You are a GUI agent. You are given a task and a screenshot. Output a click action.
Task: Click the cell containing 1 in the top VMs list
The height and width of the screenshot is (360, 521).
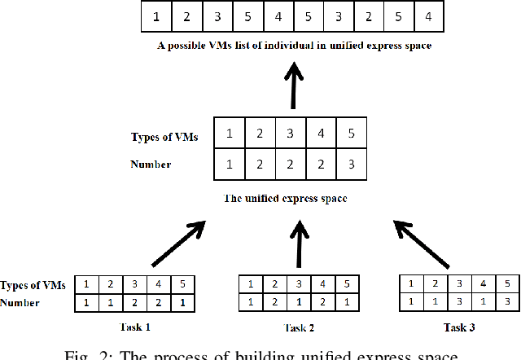pos(155,16)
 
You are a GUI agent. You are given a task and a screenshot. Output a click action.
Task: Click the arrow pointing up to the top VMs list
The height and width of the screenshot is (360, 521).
pos(294,85)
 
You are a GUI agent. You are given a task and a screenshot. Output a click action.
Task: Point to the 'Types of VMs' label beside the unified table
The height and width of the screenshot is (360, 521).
pos(164,136)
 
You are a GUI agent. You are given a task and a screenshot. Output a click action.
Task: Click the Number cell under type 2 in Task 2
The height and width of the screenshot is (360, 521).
pos(274,301)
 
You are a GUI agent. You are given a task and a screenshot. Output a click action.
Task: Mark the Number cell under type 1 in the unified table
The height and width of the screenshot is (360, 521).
pos(230,165)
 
